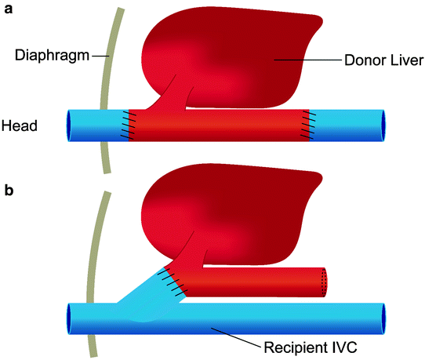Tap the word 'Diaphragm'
[x=48, y=55]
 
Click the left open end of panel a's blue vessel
[x=69, y=125]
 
